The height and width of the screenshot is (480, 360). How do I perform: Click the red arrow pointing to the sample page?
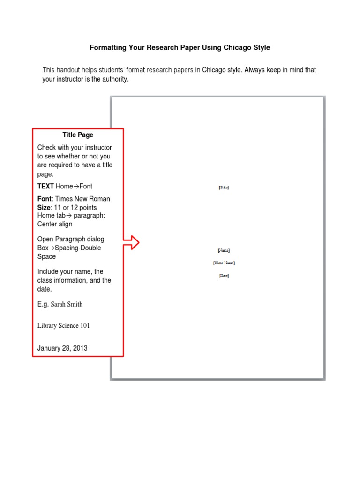click(x=132, y=242)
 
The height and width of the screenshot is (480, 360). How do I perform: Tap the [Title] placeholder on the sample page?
click(x=224, y=187)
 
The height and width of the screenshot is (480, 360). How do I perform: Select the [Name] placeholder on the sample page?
click(x=224, y=250)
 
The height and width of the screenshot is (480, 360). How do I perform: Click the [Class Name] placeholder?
click(x=224, y=263)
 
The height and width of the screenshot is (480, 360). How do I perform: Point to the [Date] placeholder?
click(x=224, y=276)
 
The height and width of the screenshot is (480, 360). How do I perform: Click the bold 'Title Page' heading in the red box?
click(x=78, y=135)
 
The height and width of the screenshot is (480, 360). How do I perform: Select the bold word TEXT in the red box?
click(x=45, y=186)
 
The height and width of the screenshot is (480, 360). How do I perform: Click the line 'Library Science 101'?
click(x=63, y=326)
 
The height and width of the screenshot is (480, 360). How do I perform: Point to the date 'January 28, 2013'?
click(x=62, y=348)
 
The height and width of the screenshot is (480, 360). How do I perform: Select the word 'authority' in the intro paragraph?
click(x=113, y=79)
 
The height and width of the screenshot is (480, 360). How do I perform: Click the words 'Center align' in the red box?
click(x=55, y=224)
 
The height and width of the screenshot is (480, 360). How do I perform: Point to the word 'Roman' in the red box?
click(x=100, y=199)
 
